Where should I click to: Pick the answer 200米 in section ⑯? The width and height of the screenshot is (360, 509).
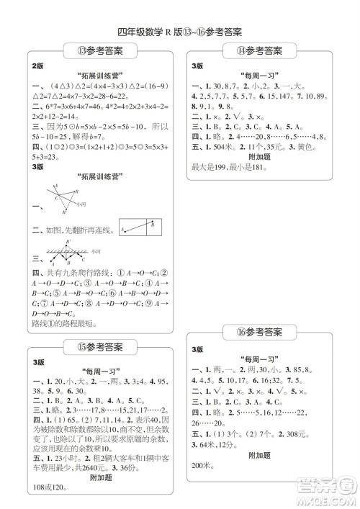[202, 467]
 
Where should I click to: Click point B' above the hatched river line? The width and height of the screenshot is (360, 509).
[69, 243]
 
